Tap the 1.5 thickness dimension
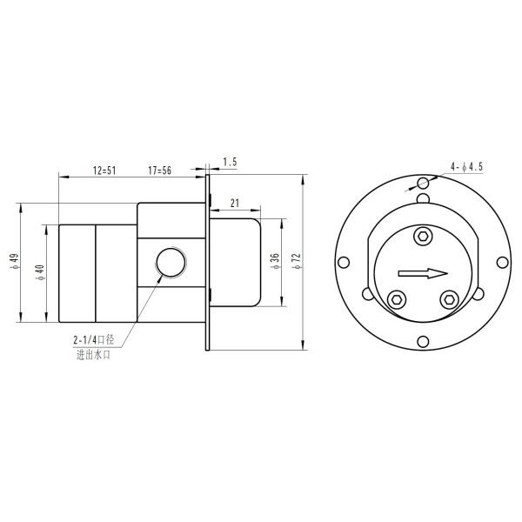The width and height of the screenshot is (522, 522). pos(230,163)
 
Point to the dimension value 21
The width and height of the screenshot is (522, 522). pos(234,202)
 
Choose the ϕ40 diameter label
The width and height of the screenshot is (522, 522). pos(39,272)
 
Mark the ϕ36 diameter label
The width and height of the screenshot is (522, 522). pos(275,261)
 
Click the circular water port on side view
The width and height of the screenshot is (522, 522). pos(168,262)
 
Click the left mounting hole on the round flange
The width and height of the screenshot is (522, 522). pos(345,262)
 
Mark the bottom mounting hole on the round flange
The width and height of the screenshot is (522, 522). pos(423,340)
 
